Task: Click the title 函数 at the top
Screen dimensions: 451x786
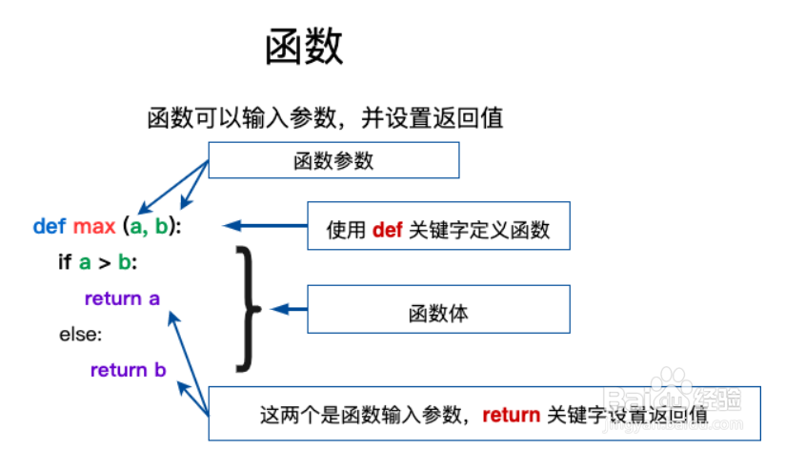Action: (x=304, y=47)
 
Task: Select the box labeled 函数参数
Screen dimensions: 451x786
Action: (x=333, y=160)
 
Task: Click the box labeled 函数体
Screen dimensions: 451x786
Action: (x=437, y=311)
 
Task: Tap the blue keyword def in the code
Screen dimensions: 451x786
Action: (x=50, y=227)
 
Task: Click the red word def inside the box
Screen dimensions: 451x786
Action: (x=387, y=231)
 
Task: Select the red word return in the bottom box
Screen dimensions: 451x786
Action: (x=511, y=415)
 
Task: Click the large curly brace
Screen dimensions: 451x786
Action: (x=249, y=309)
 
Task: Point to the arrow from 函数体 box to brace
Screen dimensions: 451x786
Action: (x=290, y=309)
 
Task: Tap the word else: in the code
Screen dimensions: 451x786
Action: (x=80, y=335)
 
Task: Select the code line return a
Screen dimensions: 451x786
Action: (x=122, y=298)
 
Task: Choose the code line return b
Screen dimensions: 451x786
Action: (x=128, y=370)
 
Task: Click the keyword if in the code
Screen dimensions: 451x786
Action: (x=65, y=262)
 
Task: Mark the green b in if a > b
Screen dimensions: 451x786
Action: (x=125, y=262)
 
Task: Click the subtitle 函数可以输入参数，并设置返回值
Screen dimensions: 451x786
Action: (x=325, y=118)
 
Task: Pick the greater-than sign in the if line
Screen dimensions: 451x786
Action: (x=105, y=262)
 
